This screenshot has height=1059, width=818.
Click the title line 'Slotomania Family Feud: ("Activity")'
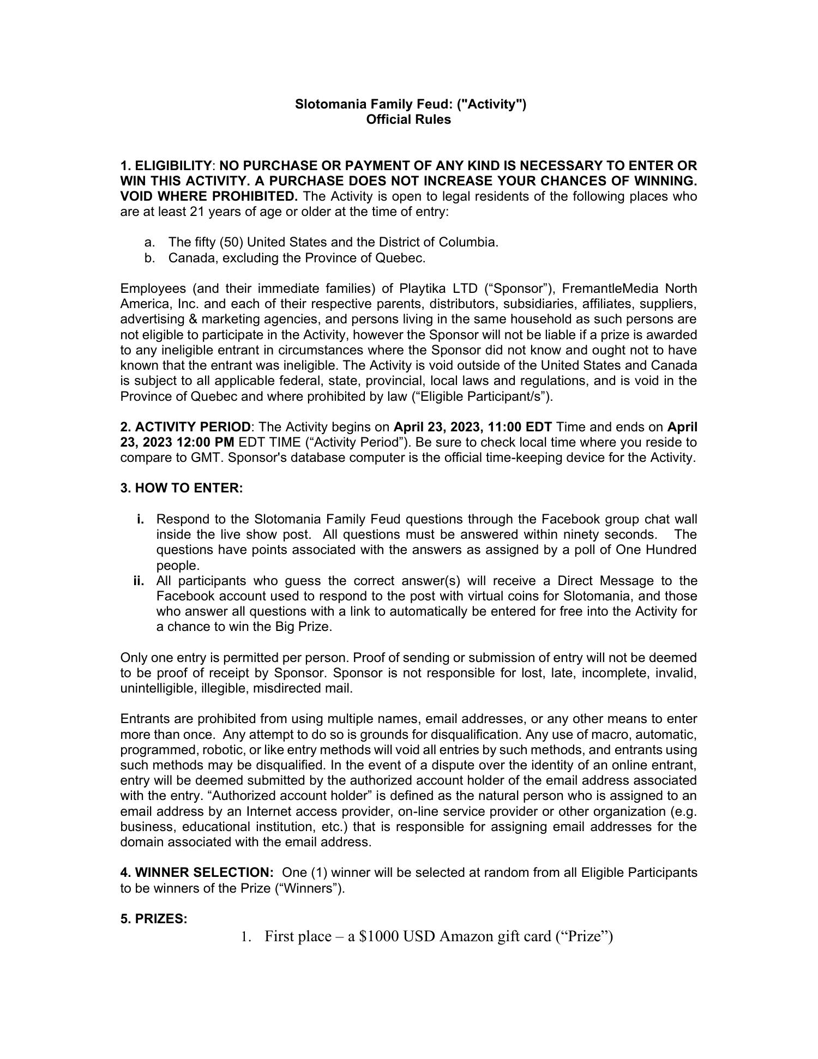[411, 104]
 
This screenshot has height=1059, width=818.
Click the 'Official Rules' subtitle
[408, 119]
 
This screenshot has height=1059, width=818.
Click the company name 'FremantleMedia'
[608, 288]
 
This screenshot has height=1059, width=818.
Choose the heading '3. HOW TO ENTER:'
[182, 488]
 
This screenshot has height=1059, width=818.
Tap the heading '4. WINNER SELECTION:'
[197, 873]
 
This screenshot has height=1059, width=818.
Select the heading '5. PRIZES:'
[154, 919]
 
